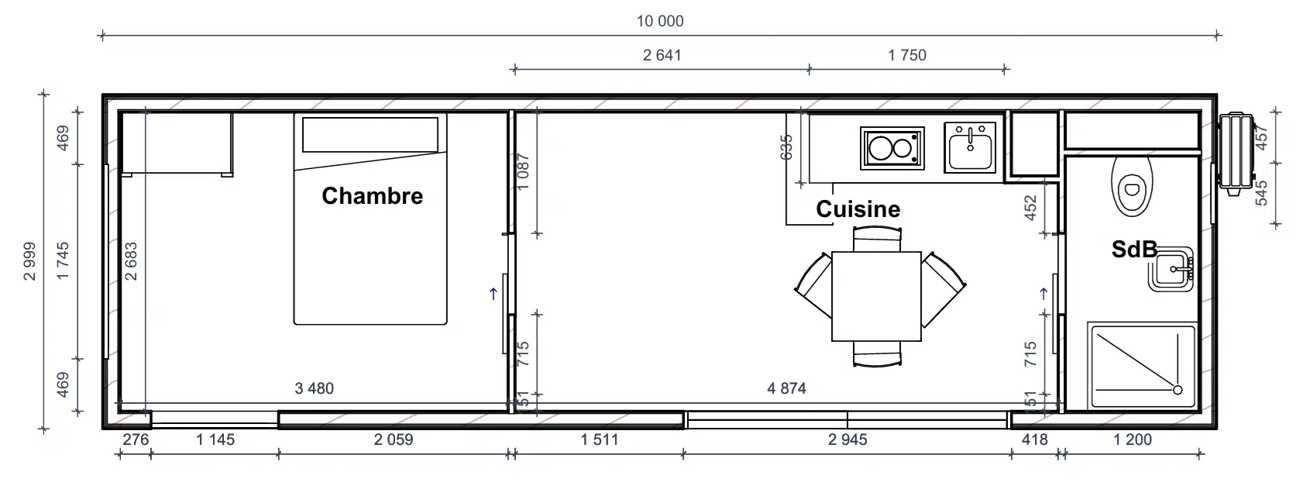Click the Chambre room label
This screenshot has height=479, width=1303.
373,196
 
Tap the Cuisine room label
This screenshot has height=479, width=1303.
858,209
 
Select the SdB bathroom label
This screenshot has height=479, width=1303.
1133,250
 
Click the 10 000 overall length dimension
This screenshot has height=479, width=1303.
660,22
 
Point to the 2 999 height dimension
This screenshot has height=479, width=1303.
29,261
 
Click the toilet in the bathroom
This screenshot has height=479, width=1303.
1131,186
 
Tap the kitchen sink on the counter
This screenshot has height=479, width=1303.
970,148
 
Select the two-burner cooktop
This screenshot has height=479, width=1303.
892,148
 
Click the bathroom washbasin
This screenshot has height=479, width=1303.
1171,269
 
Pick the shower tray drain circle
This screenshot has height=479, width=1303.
1178,390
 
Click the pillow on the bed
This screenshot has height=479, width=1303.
370,135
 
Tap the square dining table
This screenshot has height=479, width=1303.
876,296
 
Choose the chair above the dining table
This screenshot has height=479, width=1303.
877,239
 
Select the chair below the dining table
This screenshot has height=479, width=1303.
877,354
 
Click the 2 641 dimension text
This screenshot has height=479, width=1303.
662,55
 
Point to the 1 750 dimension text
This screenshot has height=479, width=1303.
907,55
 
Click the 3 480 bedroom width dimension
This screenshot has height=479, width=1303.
314,388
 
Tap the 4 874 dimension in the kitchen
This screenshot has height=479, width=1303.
786,388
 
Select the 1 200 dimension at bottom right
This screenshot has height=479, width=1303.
1133,439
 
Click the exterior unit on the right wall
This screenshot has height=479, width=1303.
1236,153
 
